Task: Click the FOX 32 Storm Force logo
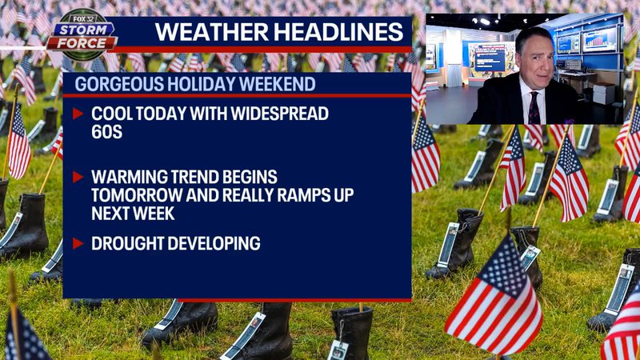(x=81, y=36)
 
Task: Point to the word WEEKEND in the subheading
(x=277, y=83)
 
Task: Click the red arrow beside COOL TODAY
(x=78, y=114)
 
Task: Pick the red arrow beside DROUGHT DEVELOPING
(x=78, y=243)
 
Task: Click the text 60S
(x=106, y=132)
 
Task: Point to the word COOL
(x=113, y=114)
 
